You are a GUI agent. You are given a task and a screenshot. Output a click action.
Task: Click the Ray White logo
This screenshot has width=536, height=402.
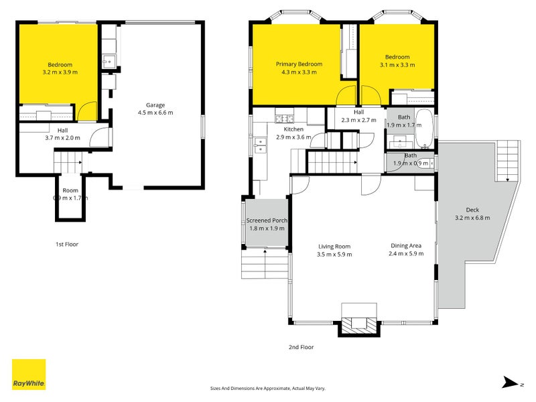click(29, 375)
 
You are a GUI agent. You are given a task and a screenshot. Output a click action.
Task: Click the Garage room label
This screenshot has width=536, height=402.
click(155, 105)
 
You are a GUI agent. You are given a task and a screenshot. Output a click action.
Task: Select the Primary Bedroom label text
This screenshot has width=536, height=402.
click(299, 64)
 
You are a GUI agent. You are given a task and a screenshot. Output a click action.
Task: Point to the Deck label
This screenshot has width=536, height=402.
click(472, 210)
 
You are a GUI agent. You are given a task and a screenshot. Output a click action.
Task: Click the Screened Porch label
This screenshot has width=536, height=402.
click(267, 220)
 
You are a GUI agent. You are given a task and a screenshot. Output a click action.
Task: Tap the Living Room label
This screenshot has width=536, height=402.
click(334, 247)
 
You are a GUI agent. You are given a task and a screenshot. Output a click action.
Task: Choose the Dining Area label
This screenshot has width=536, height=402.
click(406, 245)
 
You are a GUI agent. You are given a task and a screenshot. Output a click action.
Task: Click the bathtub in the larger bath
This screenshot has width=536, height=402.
click(425, 129)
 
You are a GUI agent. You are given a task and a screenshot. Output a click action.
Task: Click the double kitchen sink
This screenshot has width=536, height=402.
click(261, 145)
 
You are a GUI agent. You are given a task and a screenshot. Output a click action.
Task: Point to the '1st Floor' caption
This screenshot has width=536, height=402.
click(67, 245)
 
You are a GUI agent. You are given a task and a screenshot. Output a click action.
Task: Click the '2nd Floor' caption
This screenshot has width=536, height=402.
click(301, 347)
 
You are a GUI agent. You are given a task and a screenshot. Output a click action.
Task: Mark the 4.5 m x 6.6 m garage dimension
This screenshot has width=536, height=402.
click(155, 113)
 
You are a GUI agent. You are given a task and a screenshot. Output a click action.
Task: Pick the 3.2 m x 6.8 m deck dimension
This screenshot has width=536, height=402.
click(472, 218)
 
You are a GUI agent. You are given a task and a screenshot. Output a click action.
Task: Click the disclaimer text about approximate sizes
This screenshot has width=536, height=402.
click(267, 389)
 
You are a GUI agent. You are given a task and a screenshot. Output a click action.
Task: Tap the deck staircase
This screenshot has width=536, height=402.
click(508, 161)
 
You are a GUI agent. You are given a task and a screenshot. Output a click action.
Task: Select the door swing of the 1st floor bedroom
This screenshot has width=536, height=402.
click(87, 111)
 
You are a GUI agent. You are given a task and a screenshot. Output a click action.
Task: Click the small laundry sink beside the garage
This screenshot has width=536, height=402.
click(109, 62)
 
